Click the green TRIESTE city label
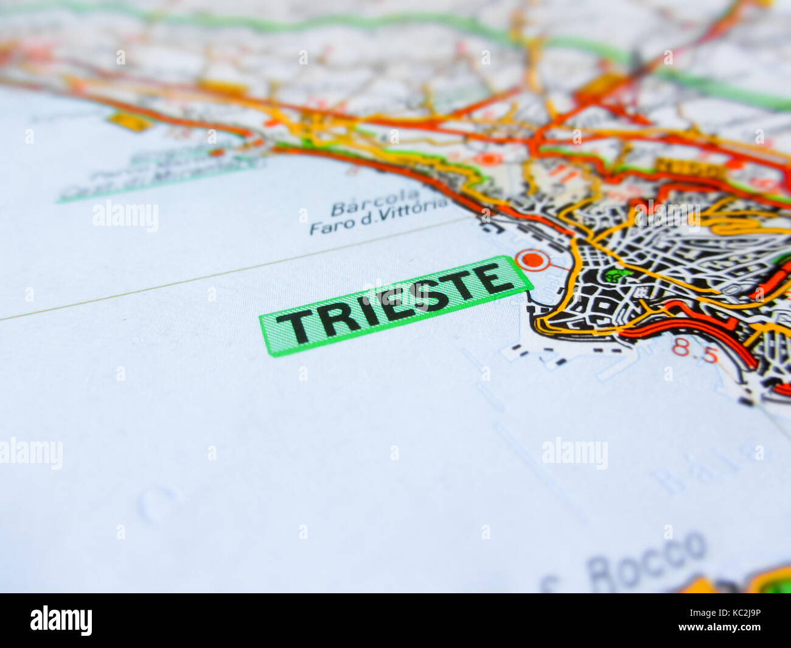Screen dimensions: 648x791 click(395, 305)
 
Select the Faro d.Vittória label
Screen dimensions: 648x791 click(379, 217)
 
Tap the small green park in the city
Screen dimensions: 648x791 click(617, 274)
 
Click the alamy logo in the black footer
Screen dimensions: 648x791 click(61, 620)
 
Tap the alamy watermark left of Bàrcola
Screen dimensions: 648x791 click(125, 216)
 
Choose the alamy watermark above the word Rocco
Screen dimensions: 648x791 click(574, 453)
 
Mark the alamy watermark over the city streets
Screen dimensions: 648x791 click(667, 215)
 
